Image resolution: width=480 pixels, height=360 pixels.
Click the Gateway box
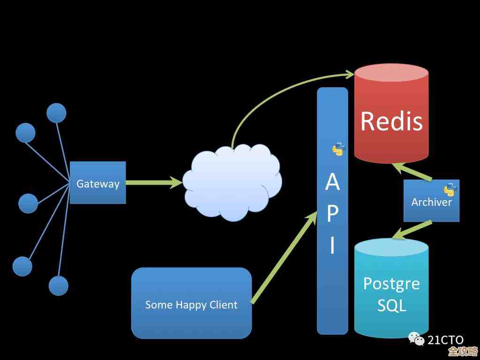point(98,183)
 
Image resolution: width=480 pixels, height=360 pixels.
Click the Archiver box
point(431,201)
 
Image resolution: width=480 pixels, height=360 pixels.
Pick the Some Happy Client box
point(191,303)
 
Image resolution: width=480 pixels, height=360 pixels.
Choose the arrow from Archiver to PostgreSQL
point(412,229)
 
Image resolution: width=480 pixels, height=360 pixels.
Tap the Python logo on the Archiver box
point(450,189)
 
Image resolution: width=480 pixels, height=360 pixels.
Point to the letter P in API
point(332,214)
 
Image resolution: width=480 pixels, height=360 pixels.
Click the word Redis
point(391,121)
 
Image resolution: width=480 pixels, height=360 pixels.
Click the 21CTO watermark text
point(445,340)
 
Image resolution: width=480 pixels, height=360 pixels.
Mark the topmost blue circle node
point(56,113)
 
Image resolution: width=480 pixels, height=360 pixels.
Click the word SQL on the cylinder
point(391,306)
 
